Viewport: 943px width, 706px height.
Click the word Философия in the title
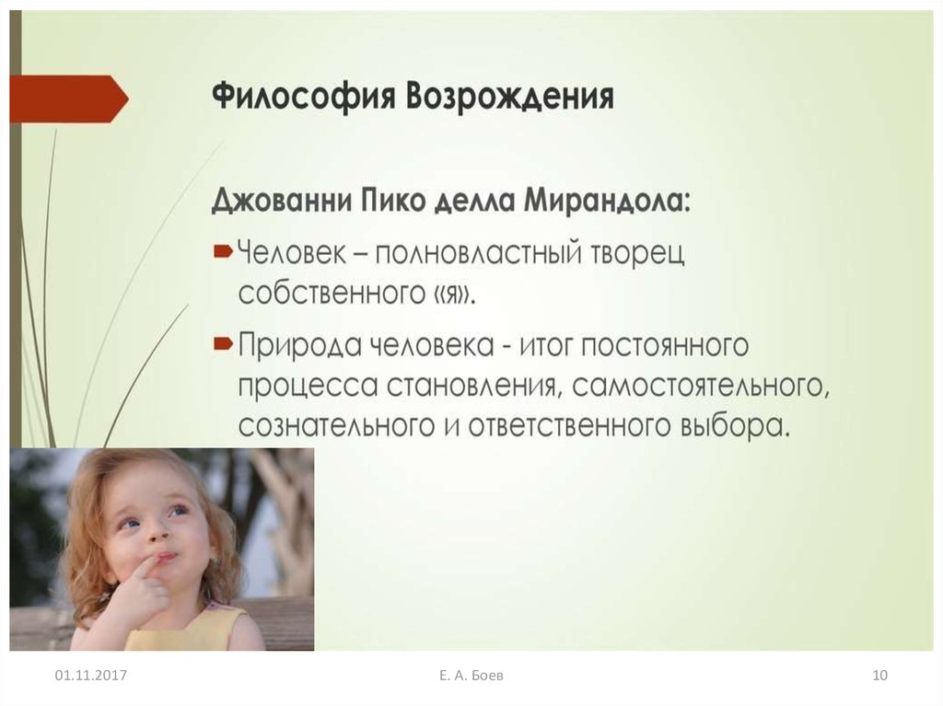(303, 97)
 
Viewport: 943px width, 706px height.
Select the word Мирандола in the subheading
(607, 200)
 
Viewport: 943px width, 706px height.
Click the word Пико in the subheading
(393, 200)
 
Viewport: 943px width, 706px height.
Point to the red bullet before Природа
(223, 343)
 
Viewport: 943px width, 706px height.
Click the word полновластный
(478, 253)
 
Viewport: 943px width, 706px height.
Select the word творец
(638, 254)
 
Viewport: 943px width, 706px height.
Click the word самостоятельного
(701, 386)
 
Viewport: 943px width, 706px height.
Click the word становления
(473, 386)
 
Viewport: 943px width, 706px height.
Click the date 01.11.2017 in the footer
(91, 675)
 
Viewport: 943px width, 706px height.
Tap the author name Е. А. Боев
(471, 675)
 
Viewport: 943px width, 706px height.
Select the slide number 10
(879, 675)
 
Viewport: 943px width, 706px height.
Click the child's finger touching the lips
(145, 572)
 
